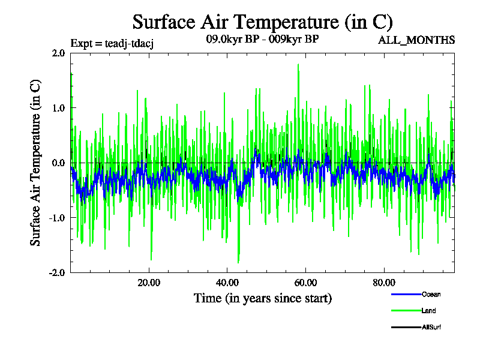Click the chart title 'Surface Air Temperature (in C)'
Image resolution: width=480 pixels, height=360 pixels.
point(262,22)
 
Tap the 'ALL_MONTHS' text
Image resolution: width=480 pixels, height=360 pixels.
point(416,40)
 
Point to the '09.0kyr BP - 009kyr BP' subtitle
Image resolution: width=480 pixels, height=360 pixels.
point(262,40)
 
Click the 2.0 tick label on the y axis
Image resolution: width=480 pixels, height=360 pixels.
point(58,53)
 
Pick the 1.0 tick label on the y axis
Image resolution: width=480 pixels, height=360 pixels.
point(58,108)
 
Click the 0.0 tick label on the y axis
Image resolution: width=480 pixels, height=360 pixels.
point(58,163)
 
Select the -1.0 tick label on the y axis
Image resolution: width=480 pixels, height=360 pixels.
point(57,218)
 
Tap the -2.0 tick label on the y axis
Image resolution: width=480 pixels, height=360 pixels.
point(57,272)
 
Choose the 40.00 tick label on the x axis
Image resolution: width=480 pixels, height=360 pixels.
point(227,283)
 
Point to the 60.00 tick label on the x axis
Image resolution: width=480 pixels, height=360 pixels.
point(306,283)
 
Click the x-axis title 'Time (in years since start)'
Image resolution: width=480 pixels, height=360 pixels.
point(262,298)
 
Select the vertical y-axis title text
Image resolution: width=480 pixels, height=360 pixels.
point(36,162)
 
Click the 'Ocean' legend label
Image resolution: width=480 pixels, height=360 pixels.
point(431,294)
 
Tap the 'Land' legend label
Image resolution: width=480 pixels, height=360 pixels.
point(428,311)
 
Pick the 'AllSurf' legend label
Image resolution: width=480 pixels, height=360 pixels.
point(432,328)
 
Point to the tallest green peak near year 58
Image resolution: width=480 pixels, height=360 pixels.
point(298,65)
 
